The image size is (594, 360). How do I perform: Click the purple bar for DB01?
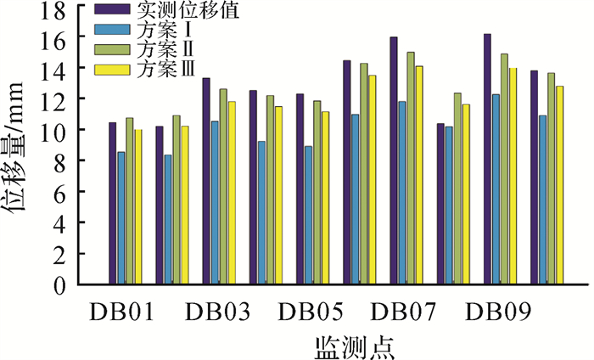click(x=112, y=203)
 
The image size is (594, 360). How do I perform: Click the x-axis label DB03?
click(x=217, y=312)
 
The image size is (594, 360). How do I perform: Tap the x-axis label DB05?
click(x=311, y=312)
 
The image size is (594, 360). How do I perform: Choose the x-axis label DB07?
click(x=404, y=312)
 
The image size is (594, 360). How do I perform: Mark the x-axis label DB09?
click(x=498, y=312)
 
